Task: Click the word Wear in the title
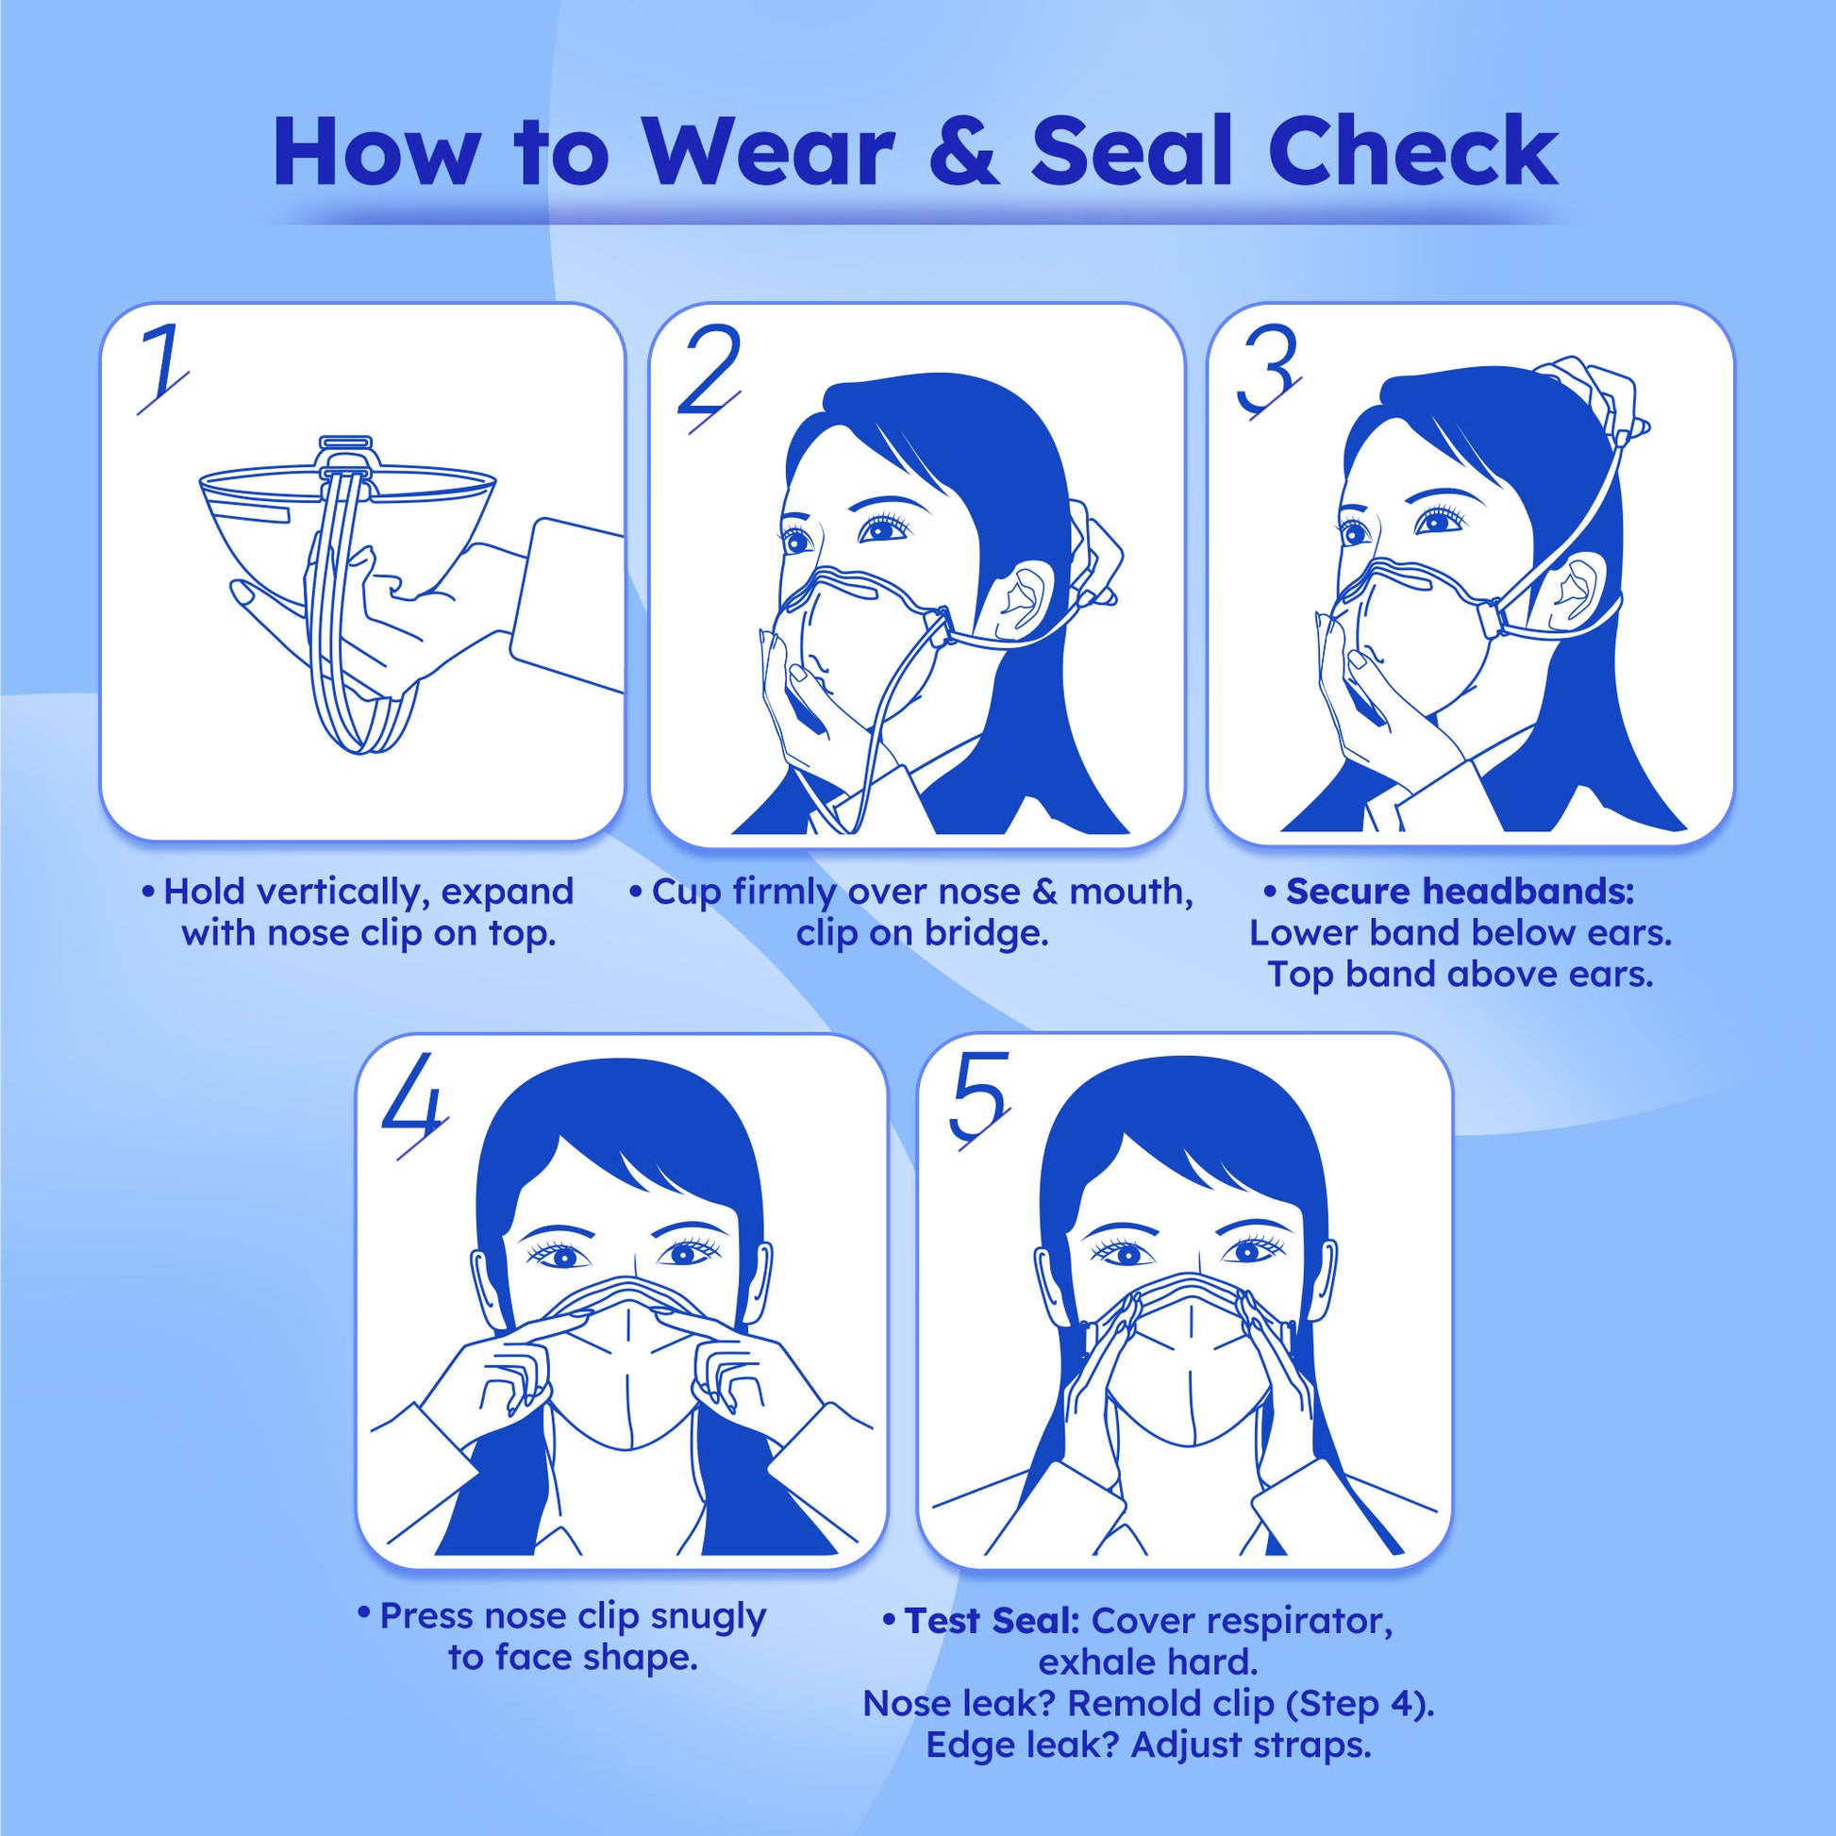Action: [x=769, y=152]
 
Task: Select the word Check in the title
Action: [x=1413, y=152]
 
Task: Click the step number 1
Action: [x=162, y=371]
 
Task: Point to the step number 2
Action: [x=708, y=376]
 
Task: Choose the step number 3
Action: [x=1267, y=373]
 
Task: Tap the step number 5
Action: [x=977, y=1101]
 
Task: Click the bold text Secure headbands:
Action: [x=1460, y=892]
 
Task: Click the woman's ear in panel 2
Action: [x=1020, y=600]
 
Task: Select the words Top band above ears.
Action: [x=1460, y=975]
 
